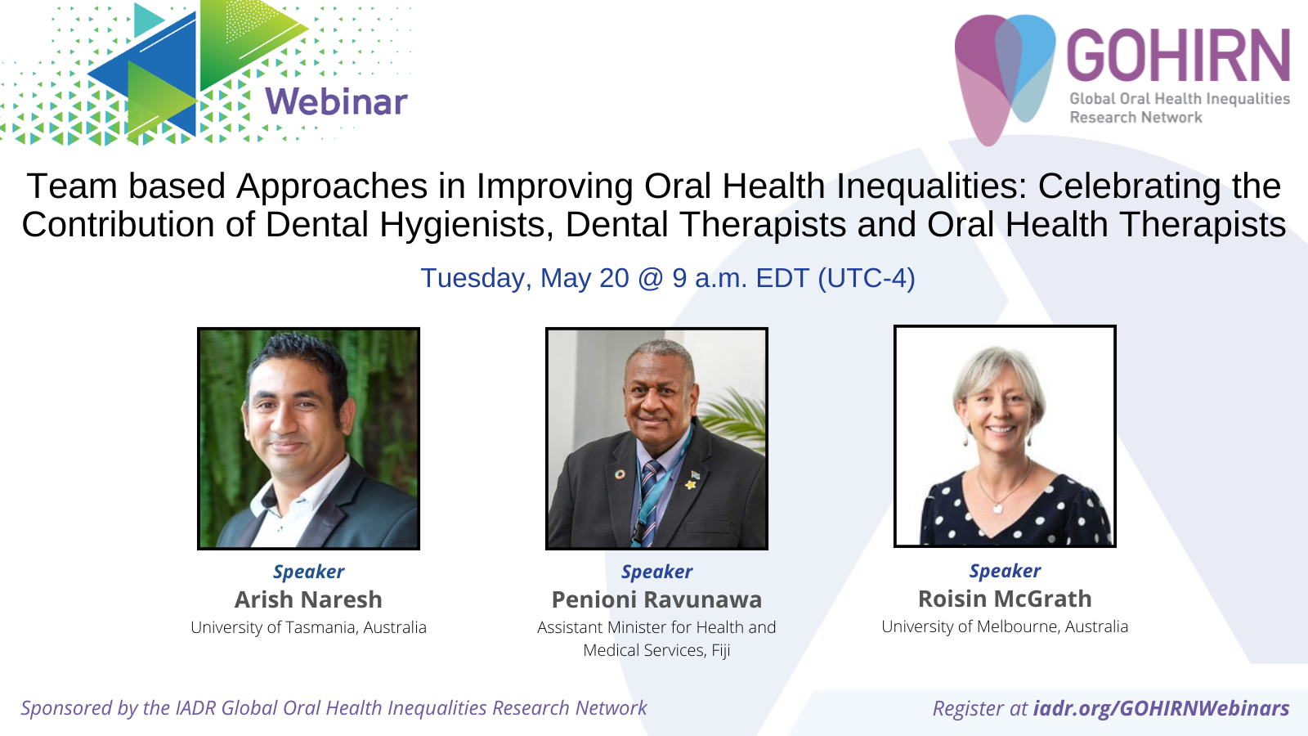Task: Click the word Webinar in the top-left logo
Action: (336, 101)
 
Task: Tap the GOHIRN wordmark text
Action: (1178, 56)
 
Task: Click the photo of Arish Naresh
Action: (308, 438)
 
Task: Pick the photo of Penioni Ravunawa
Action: (656, 438)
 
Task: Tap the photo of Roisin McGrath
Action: (1005, 437)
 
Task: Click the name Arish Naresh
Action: (308, 600)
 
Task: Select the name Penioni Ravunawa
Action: (657, 600)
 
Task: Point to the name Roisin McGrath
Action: (1005, 599)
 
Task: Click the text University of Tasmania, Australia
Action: (308, 627)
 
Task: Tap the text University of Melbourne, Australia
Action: (1005, 626)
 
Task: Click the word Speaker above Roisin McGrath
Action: (1005, 571)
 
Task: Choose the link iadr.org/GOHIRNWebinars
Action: (1162, 708)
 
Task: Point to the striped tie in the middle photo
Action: (648, 502)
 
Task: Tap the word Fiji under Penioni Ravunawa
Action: (720, 650)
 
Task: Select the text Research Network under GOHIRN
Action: (1136, 118)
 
